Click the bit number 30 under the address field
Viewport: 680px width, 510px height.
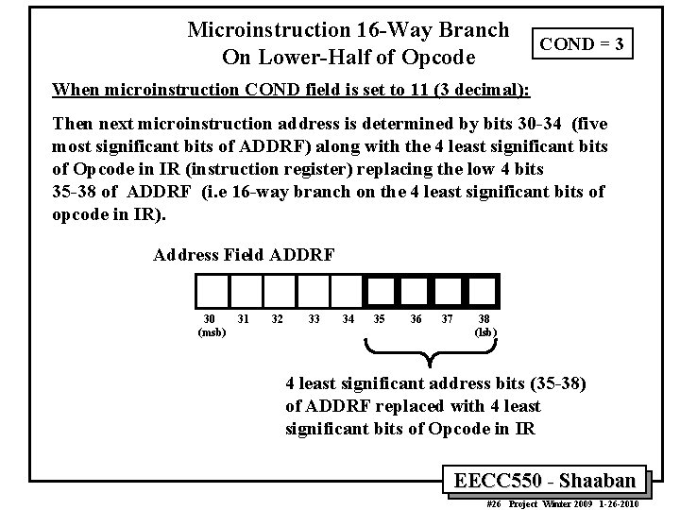pyautogui.click(x=209, y=318)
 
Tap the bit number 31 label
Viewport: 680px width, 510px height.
pyautogui.click(x=243, y=318)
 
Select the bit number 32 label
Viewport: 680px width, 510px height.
pyautogui.click(x=277, y=318)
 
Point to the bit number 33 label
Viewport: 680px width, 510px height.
pyautogui.click(x=314, y=318)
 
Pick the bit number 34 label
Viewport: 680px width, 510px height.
pyautogui.click(x=348, y=318)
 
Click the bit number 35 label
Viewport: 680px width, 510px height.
pyautogui.click(x=380, y=318)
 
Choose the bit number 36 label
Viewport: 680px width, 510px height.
pyautogui.click(x=416, y=318)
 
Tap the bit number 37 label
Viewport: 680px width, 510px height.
pyautogui.click(x=449, y=318)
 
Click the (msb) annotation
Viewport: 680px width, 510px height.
pyautogui.click(x=211, y=331)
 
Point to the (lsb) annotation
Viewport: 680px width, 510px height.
pyautogui.click(x=484, y=331)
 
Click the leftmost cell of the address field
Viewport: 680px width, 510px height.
pyautogui.click(x=211, y=291)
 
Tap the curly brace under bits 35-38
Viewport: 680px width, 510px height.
pyautogui.click(x=433, y=355)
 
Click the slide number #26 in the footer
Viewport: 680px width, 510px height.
pyautogui.click(x=492, y=502)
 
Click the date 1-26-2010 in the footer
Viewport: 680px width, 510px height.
pyautogui.click(x=618, y=502)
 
